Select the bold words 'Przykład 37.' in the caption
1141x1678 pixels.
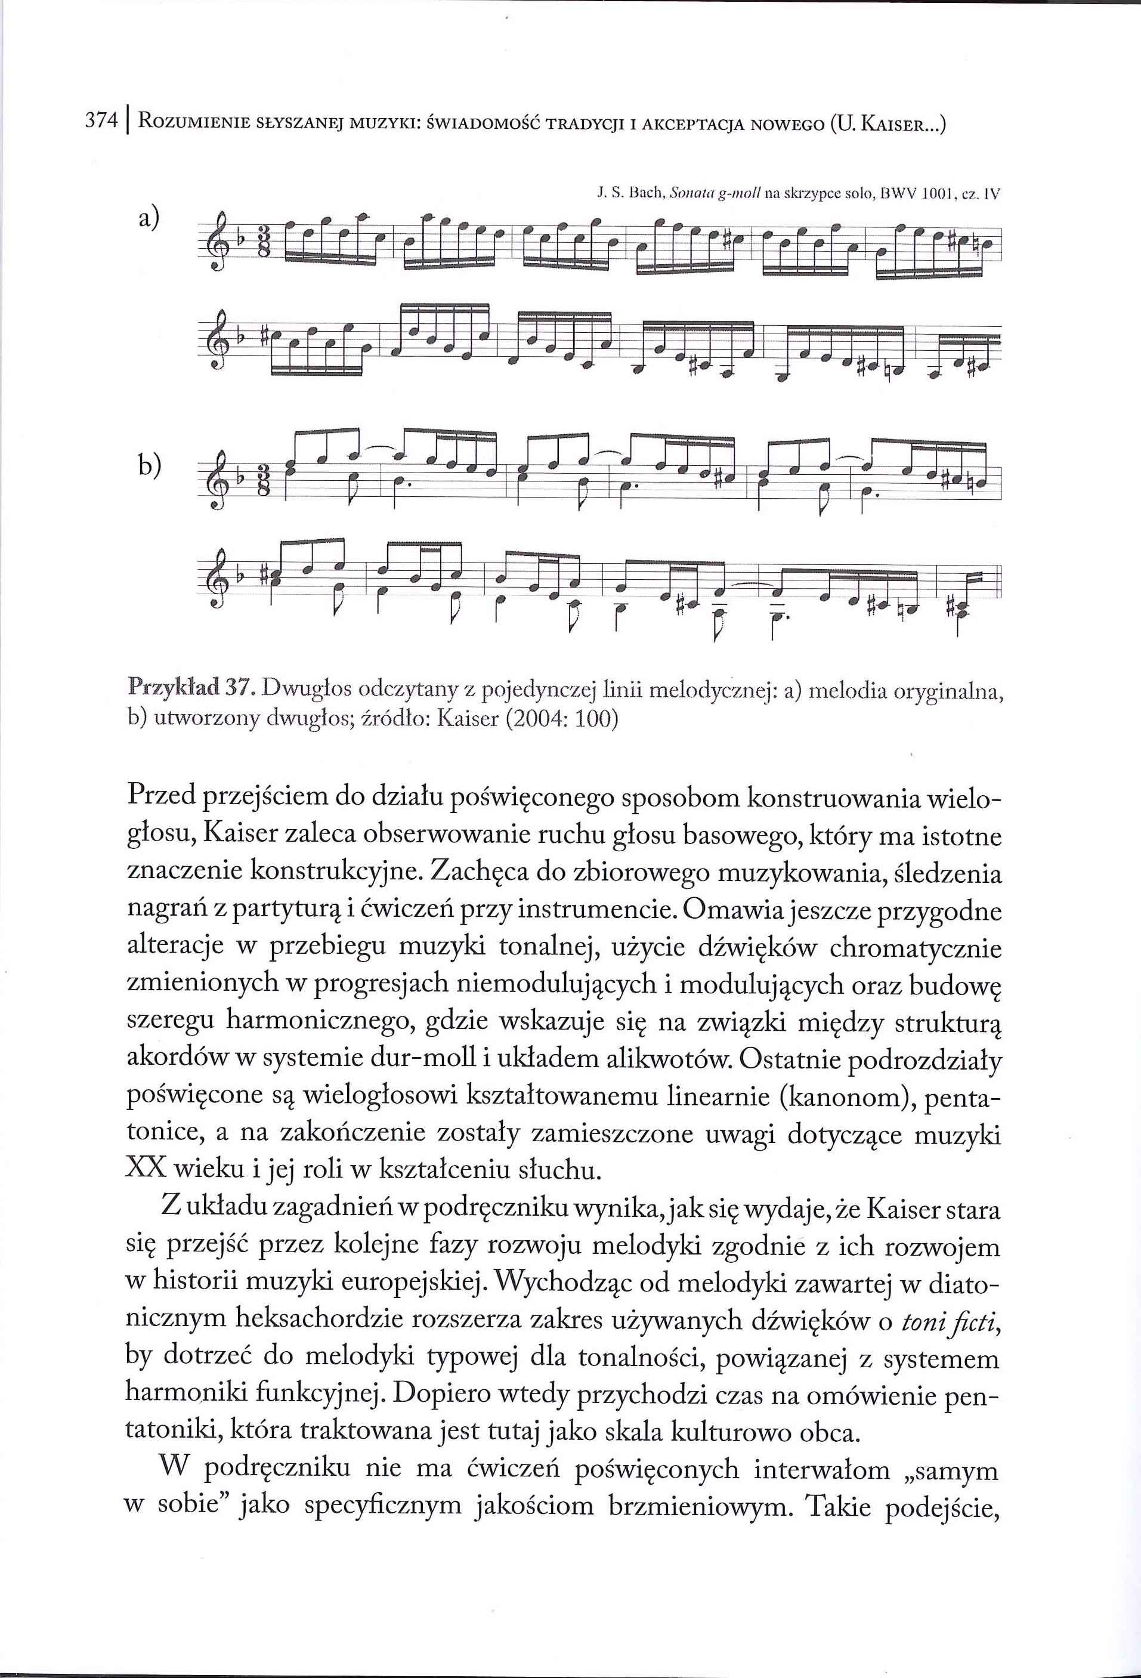point(189,690)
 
